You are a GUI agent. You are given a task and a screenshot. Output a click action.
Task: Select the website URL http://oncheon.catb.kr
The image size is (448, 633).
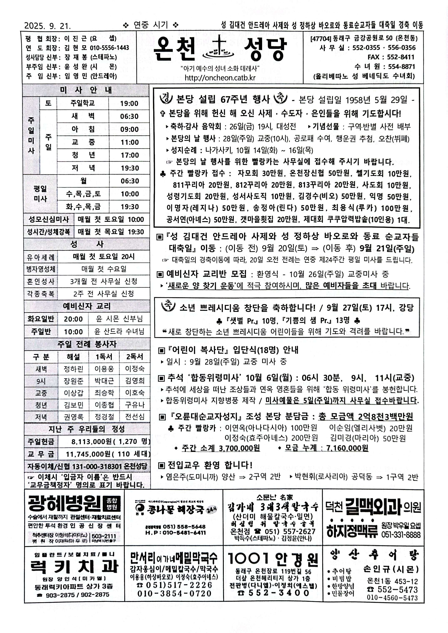(220, 78)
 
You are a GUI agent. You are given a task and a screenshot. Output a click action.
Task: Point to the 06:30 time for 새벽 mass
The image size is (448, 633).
(129, 116)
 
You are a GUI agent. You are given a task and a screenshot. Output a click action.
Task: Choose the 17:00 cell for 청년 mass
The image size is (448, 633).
(129, 155)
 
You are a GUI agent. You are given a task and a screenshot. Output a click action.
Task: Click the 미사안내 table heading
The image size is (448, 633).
(86, 90)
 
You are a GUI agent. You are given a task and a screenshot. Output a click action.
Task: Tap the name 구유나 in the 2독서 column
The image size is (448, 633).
(135, 405)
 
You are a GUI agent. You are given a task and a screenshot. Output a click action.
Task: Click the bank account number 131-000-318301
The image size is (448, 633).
(97, 466)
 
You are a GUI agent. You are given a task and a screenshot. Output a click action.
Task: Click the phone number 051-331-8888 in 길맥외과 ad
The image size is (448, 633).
(401, 535)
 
